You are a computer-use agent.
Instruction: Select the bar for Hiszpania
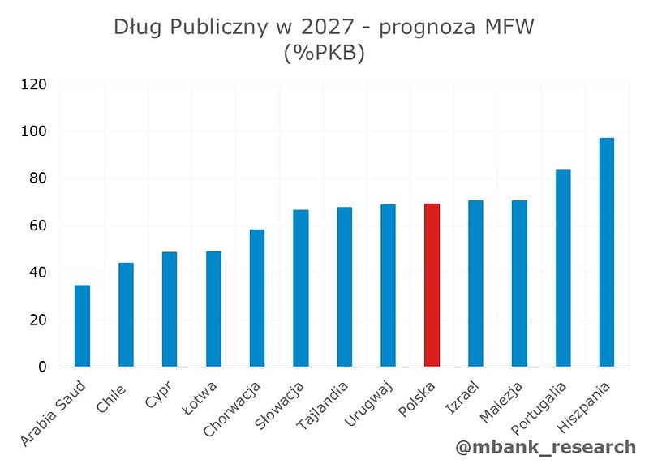[x=607, y=252]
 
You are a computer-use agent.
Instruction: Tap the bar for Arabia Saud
[x=82, y=325]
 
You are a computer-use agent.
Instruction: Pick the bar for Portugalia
[x=563, y=268]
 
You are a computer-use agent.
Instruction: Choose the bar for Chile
[x=126, y=315]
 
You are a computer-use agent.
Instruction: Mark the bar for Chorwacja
[x=257, y=298]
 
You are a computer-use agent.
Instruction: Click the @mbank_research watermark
[x=547, y=446]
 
